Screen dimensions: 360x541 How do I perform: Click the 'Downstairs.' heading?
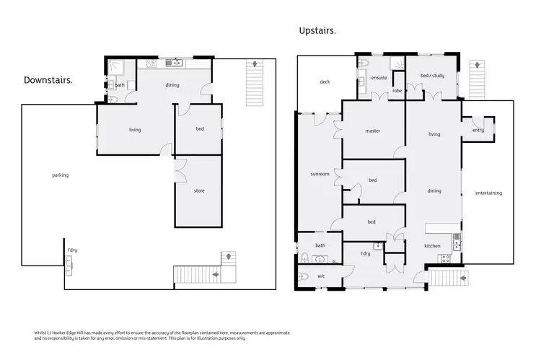click(48, 79)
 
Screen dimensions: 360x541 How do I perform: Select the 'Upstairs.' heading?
click(318, 30)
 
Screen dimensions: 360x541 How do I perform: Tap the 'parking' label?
click(60, 175)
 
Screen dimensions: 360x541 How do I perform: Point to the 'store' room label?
click(199, 191)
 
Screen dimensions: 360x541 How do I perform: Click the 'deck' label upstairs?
click(325, 82)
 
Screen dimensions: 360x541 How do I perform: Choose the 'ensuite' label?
click(379, 77)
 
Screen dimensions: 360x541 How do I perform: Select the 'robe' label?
click(397, 91)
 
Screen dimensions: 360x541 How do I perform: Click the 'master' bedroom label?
click(372, 131)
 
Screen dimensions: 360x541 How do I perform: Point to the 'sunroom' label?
click(320, 174)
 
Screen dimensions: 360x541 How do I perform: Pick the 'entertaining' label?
click(488, 193)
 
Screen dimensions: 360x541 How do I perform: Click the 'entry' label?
click(478, 131)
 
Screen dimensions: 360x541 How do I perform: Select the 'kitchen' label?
click(432, 246)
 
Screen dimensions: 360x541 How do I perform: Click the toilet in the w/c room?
click(304, 276)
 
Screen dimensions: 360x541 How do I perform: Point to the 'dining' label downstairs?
click(172, 85)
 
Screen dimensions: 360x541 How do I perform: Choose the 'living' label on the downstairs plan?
click(135, 130)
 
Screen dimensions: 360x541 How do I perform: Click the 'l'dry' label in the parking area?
click(72, 250)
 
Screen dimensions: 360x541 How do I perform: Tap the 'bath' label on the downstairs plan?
click(120, 85)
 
